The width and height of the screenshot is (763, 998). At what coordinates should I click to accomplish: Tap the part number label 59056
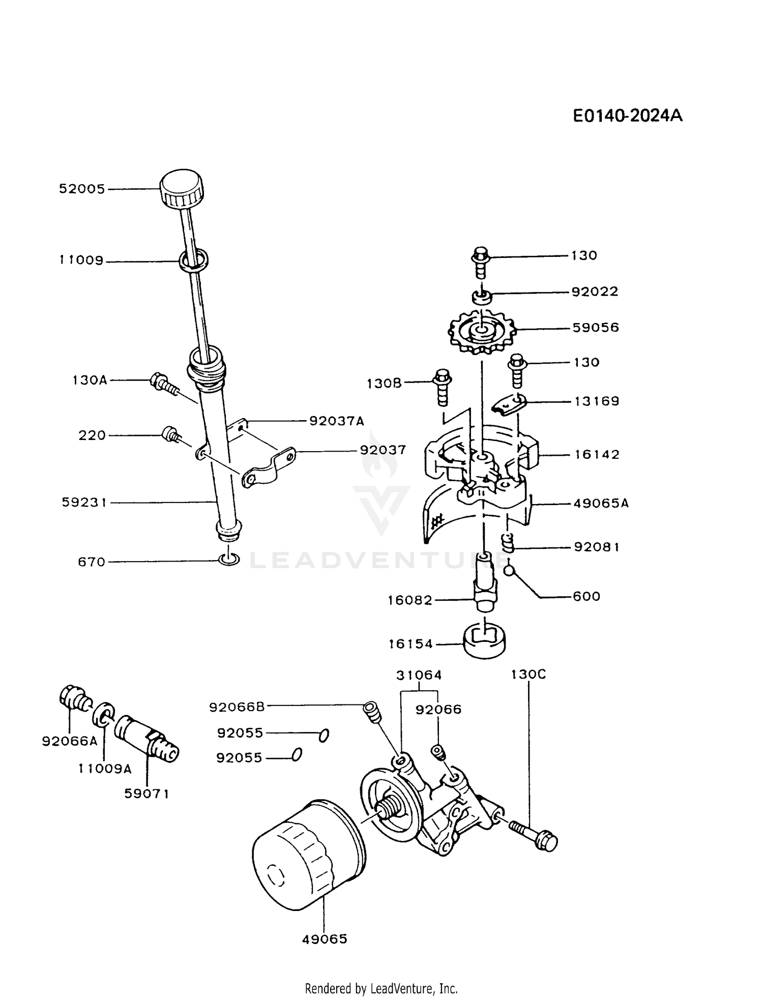tap(596, 328)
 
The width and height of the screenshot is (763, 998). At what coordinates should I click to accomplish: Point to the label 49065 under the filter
tap(325, 939)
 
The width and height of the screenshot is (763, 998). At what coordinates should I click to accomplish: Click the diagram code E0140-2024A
tap(627, 116)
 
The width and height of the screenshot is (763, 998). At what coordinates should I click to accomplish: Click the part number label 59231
tap(84, 503)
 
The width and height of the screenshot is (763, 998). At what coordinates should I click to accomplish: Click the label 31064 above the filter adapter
tap(419, 675)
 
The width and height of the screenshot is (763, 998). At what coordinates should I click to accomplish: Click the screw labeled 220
tap(169, 434)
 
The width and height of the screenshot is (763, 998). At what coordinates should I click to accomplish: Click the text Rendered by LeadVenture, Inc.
tap(381, 988)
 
